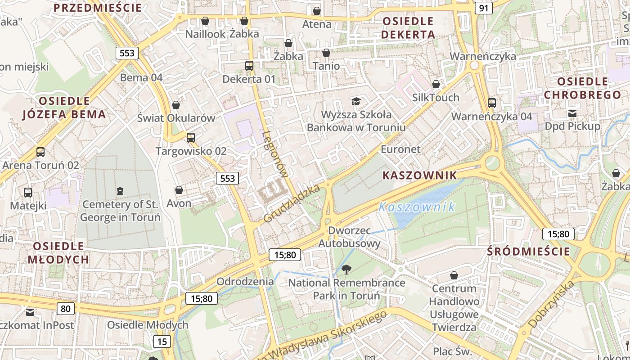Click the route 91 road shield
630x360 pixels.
tap(483, 8)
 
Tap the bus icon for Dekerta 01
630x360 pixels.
tap(249, 66)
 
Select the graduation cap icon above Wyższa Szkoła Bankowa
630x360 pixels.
tap(356, 101)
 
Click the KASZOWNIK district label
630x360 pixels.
tap(419, 175)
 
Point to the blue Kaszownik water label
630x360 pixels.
tap(417, 207)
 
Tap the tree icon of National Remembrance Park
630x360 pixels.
tap(346, 270)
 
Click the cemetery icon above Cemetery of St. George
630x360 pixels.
tap(120, 192)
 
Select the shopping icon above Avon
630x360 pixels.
tap(179, 190)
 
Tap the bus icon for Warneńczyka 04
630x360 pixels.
tap(492, 103)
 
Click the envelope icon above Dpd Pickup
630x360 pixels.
tap(572, 113)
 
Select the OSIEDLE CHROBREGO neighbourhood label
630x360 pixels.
tap(582, 88)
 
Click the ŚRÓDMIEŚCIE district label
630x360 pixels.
tap(528, 252)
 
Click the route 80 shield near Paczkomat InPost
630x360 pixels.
tap(66, 309)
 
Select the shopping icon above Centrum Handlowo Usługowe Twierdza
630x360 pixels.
tap(454, 275)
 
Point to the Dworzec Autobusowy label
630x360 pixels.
tap(349, 237)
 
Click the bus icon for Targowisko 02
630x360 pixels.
tap(191, 138)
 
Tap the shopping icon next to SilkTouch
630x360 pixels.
tap(436, 84)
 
